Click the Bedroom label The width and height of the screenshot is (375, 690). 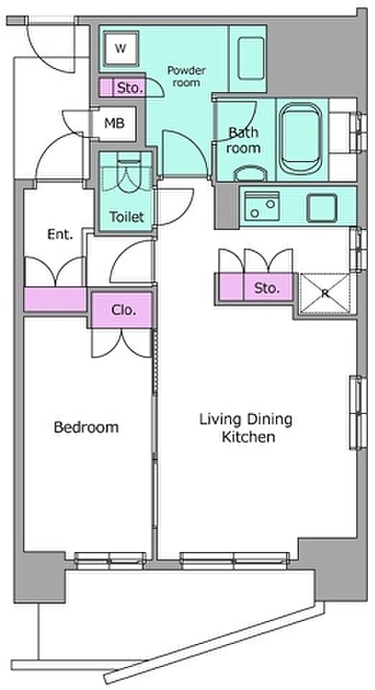click(86, 427)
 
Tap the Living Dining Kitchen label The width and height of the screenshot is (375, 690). click(246, 427)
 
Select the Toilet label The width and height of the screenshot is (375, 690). click(126, 216)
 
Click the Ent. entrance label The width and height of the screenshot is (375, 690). click(60, 234)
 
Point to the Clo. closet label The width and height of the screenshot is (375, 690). click(124, 310)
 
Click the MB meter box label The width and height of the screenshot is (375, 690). click(114, 123)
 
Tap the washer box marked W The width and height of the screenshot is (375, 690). click(121, 48)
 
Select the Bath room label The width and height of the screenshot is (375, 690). click(244, 140)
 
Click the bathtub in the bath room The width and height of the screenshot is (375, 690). click(302, 139)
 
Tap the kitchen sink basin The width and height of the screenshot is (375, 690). click(261, 206)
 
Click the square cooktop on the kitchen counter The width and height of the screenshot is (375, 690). click(323, 208)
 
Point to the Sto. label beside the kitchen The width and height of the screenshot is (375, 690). click(267, 288)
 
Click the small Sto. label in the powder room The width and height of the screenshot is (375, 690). click(130, 88)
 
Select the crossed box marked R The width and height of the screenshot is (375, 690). click(325, 293)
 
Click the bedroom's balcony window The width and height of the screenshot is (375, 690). click(110, 558)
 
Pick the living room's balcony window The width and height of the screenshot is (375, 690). click(234, 558)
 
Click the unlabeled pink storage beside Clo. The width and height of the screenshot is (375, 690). click(55, 299)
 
